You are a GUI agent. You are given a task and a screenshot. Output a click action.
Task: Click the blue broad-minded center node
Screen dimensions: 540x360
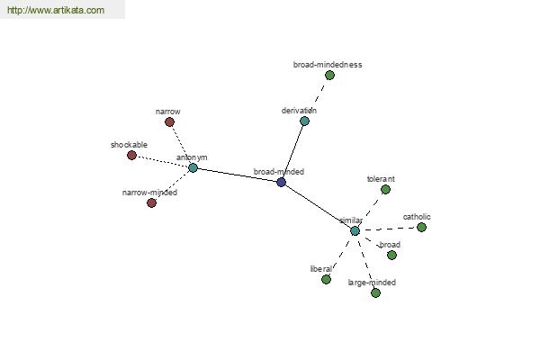(x=281, y=182)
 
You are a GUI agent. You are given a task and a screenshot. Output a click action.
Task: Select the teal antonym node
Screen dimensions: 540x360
(x=193, y=167)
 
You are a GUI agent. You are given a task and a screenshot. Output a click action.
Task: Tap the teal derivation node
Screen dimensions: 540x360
(x=304, y=121)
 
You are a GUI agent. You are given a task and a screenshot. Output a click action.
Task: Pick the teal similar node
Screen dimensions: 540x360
(x=355, y=230)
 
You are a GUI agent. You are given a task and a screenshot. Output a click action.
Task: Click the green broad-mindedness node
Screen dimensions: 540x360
(x=329, y=75)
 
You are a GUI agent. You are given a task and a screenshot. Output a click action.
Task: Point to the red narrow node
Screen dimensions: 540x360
(x=169, y=122)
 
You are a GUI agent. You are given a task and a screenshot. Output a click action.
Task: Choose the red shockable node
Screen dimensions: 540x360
(x=131, y=156)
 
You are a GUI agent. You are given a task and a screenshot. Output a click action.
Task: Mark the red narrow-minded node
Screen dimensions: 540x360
(x=151, y=202)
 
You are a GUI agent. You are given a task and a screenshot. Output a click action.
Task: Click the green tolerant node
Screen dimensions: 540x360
(x=385, y=190)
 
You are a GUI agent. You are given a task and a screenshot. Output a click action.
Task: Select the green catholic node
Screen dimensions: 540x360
(x=421, y=227)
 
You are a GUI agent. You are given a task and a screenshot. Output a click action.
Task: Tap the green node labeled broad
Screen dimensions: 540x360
(x=391, y=255)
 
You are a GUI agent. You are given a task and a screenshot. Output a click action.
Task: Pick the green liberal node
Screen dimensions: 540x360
(x=326, y=279)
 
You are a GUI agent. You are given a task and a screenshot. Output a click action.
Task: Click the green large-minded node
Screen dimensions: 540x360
(x=375, y=292)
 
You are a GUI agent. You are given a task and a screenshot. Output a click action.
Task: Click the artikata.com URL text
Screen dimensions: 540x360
(x=56, y=10)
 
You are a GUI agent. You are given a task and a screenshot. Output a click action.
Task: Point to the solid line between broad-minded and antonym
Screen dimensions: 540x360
(x=237, y=175)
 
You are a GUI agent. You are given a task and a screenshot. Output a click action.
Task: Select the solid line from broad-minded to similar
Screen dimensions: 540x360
(x=318, y=206)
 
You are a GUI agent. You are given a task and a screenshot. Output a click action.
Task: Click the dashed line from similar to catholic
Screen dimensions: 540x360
(x=389, y=229)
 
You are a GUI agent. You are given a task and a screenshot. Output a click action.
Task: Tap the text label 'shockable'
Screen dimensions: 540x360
(x=129, y=145)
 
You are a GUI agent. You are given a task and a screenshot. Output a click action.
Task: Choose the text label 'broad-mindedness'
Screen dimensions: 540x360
(x=328, y=65)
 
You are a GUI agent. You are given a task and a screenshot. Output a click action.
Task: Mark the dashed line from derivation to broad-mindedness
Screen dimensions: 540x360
(x=319, y=93)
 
